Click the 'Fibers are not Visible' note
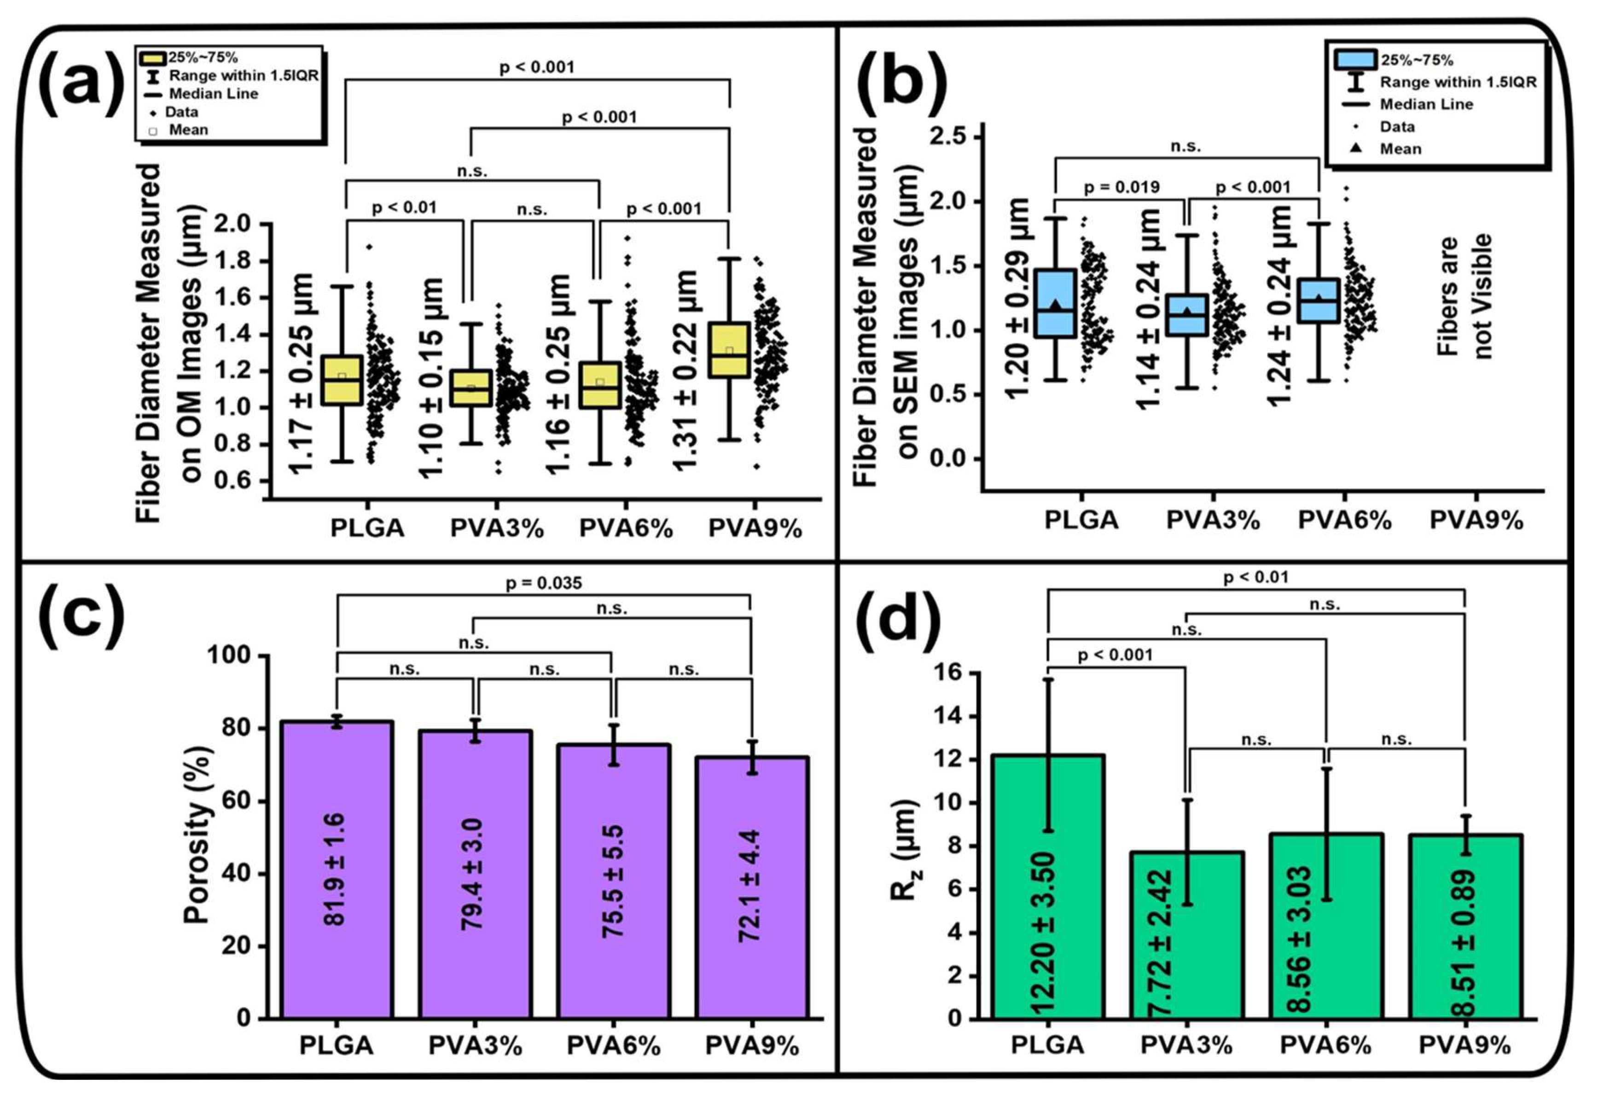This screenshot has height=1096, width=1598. tap(1464, 296)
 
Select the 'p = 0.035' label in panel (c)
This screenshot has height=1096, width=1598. tap(543, 583)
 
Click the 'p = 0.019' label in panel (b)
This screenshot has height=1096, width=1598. tap(1122, 187)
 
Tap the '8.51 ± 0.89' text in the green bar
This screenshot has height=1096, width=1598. tap(1464, 942)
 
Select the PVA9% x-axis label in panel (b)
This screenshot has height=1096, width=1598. tap(1476, 521)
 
